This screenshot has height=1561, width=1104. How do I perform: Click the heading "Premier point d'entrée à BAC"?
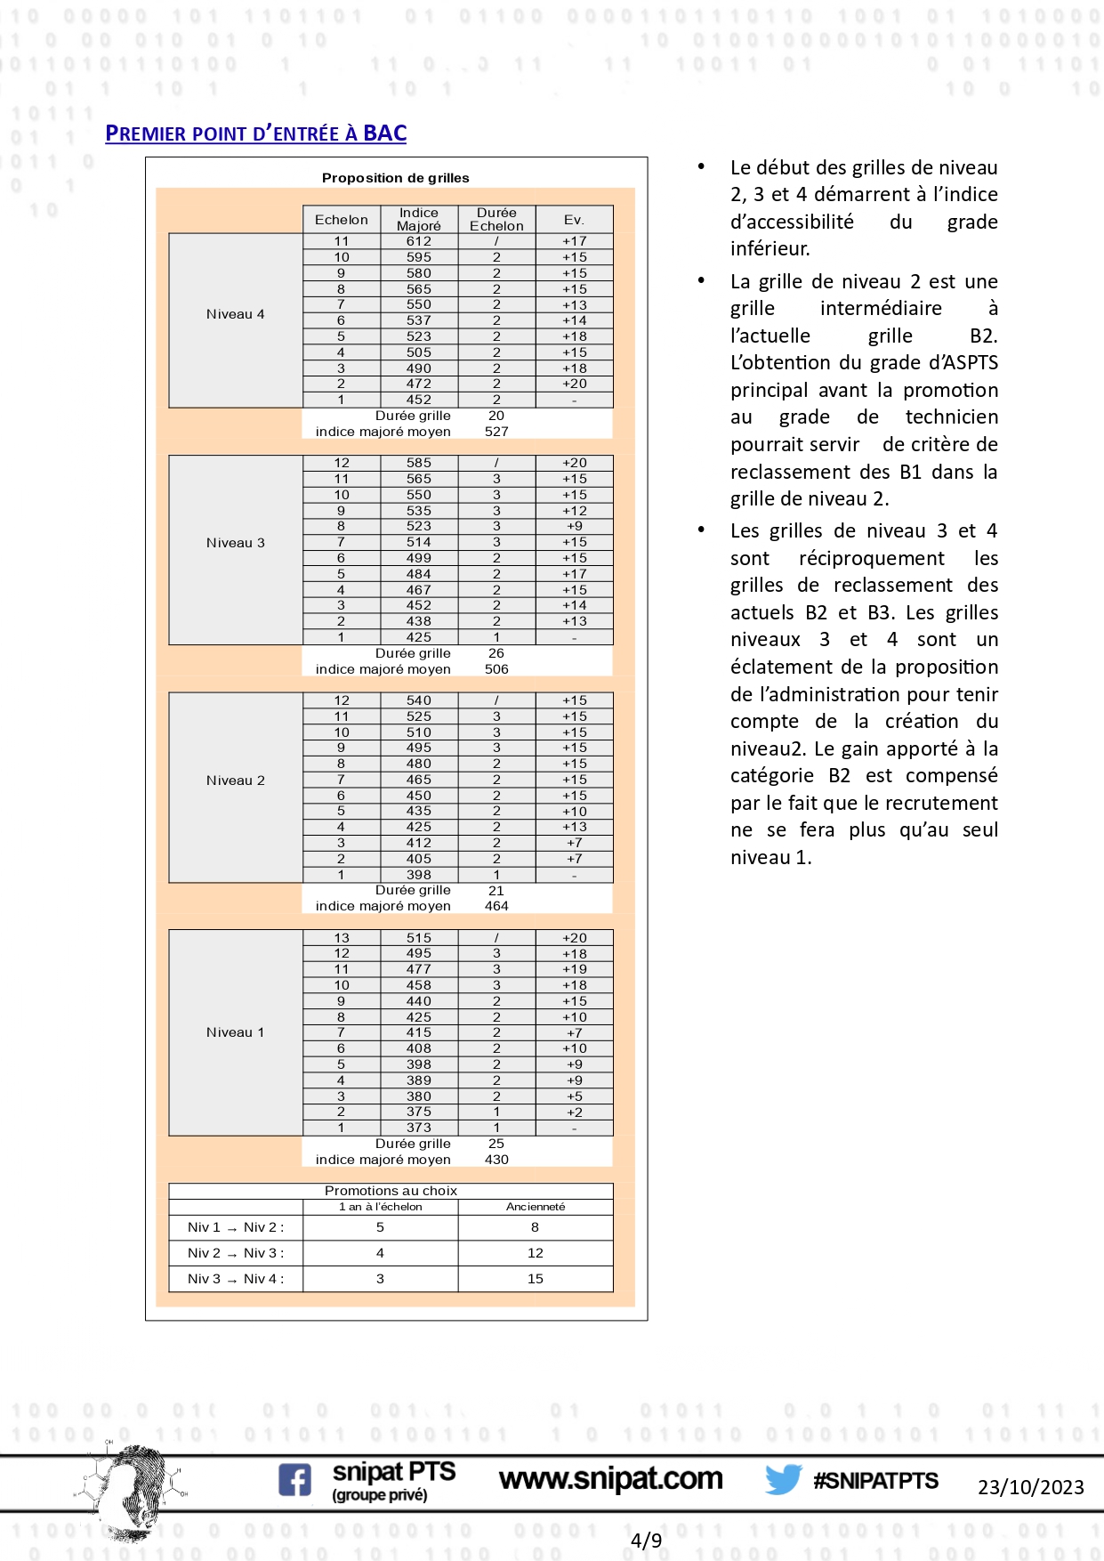pos(255,133)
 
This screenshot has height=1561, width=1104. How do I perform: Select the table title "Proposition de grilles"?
pos(395,178)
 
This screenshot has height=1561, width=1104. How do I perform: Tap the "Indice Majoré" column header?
pos(418,219)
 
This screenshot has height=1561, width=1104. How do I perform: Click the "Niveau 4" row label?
pos(235,314)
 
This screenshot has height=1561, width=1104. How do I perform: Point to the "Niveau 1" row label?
pos(235,1032)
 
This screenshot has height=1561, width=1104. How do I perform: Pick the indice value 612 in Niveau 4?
pos(418,241)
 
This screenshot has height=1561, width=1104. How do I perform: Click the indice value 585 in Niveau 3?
pos(418,463)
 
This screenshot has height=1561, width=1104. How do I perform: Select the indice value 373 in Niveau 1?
pos(418,1128)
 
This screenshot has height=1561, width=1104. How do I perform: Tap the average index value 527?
pos(496,432)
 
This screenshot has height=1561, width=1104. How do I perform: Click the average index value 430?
pos(496,1160)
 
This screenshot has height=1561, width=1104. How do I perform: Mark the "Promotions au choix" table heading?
pos(391,1191)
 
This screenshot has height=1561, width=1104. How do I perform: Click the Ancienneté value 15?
pos(535,1279)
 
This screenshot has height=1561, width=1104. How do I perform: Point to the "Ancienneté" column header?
pos(535,1207)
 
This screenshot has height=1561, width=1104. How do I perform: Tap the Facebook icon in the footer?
pos(294,1480)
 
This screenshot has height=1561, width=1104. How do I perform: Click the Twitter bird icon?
pos(783,1479)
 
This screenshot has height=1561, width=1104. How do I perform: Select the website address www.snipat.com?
pos(610,1479)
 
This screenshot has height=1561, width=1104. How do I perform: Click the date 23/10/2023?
pos(1030,1487)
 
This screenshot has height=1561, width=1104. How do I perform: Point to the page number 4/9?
pos(646,1541)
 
